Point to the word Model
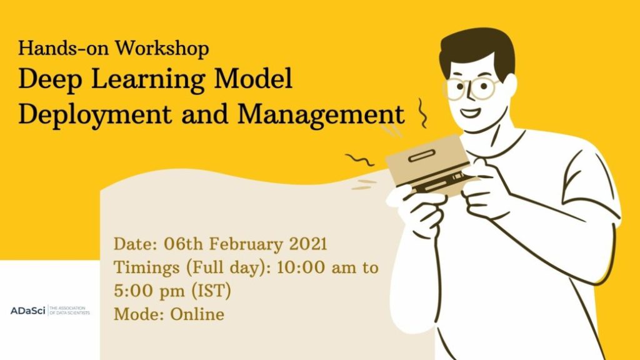(x=256, y=80)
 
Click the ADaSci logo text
(x=27, y=311)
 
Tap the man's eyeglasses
(x=470, y=87)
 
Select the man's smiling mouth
(x=471, y=114)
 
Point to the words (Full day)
(x=209, y=267)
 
